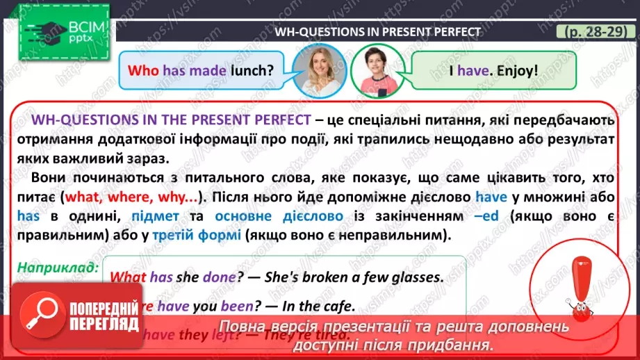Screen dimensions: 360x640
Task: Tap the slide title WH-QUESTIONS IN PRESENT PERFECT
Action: point(378,31)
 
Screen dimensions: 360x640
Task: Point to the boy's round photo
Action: point(375,68)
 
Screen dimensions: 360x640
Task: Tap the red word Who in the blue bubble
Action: point(142,70)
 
